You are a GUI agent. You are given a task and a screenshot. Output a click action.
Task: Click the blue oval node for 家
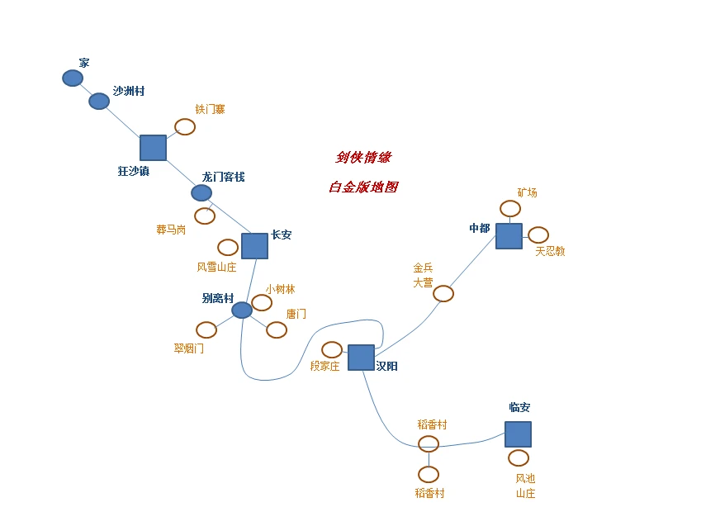pyautogui.click(x=73, y=78)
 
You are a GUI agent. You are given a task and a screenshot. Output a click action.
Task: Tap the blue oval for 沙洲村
pyautogui.click(x=99, y=101)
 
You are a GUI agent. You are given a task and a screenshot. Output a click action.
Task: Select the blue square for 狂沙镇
pyautogui.click(x=153, y=148)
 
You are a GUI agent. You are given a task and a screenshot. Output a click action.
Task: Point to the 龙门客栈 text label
pyautogui.click(x=223, y=177)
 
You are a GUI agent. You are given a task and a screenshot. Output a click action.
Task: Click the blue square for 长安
pyautogui.click(x=254, y=246)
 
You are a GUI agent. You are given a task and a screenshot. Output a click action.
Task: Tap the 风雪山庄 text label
pyautogui.click(x=216, y=267)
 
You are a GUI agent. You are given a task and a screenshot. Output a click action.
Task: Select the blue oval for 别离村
pyautogui.click(x=242, y=310)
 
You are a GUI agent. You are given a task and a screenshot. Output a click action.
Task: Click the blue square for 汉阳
pyautogui.click(x=361, y=358)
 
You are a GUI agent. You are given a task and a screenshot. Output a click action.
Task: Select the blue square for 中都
pyautogui.click(x=509, y=236)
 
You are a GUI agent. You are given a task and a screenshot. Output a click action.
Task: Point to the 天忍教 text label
pyautogui.click(x=550, y=251)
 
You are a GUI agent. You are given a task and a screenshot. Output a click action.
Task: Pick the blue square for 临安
pyautogui.click(x=518, y=434)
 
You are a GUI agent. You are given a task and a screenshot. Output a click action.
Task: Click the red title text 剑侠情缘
pyautogui.click(x=363, y=157)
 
